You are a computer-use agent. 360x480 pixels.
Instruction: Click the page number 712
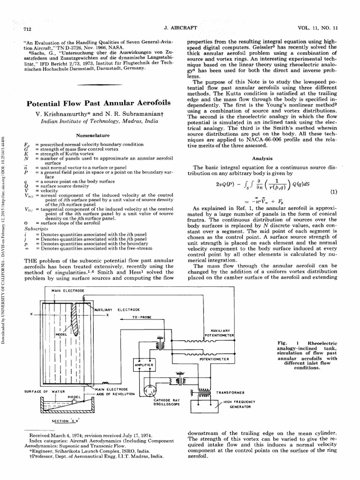point(27,29)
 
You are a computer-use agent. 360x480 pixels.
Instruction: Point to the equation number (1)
point(334,192)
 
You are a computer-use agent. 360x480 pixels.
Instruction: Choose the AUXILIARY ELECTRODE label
point(118,310)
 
